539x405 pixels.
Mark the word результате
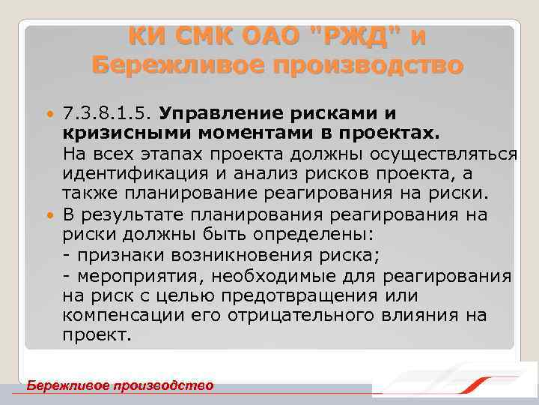(144, 215)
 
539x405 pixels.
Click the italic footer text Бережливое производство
(120, 385)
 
